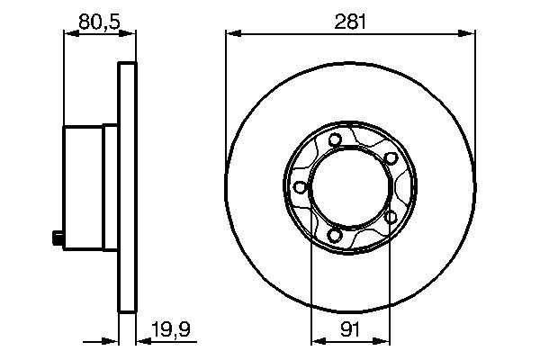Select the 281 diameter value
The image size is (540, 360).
(x=350, y=19)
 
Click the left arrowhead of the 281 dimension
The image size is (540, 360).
(x=231, y=35)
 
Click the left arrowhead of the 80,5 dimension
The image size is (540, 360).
(x=67, y=35)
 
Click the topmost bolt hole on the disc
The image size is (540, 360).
(x=335, y=139)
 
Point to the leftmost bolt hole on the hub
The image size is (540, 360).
(x=298, y=187)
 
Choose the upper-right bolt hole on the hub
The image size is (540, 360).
(x=391, y=158)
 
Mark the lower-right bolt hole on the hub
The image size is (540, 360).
(x=391, y=217)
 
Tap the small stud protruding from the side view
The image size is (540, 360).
(x=56, y=238)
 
